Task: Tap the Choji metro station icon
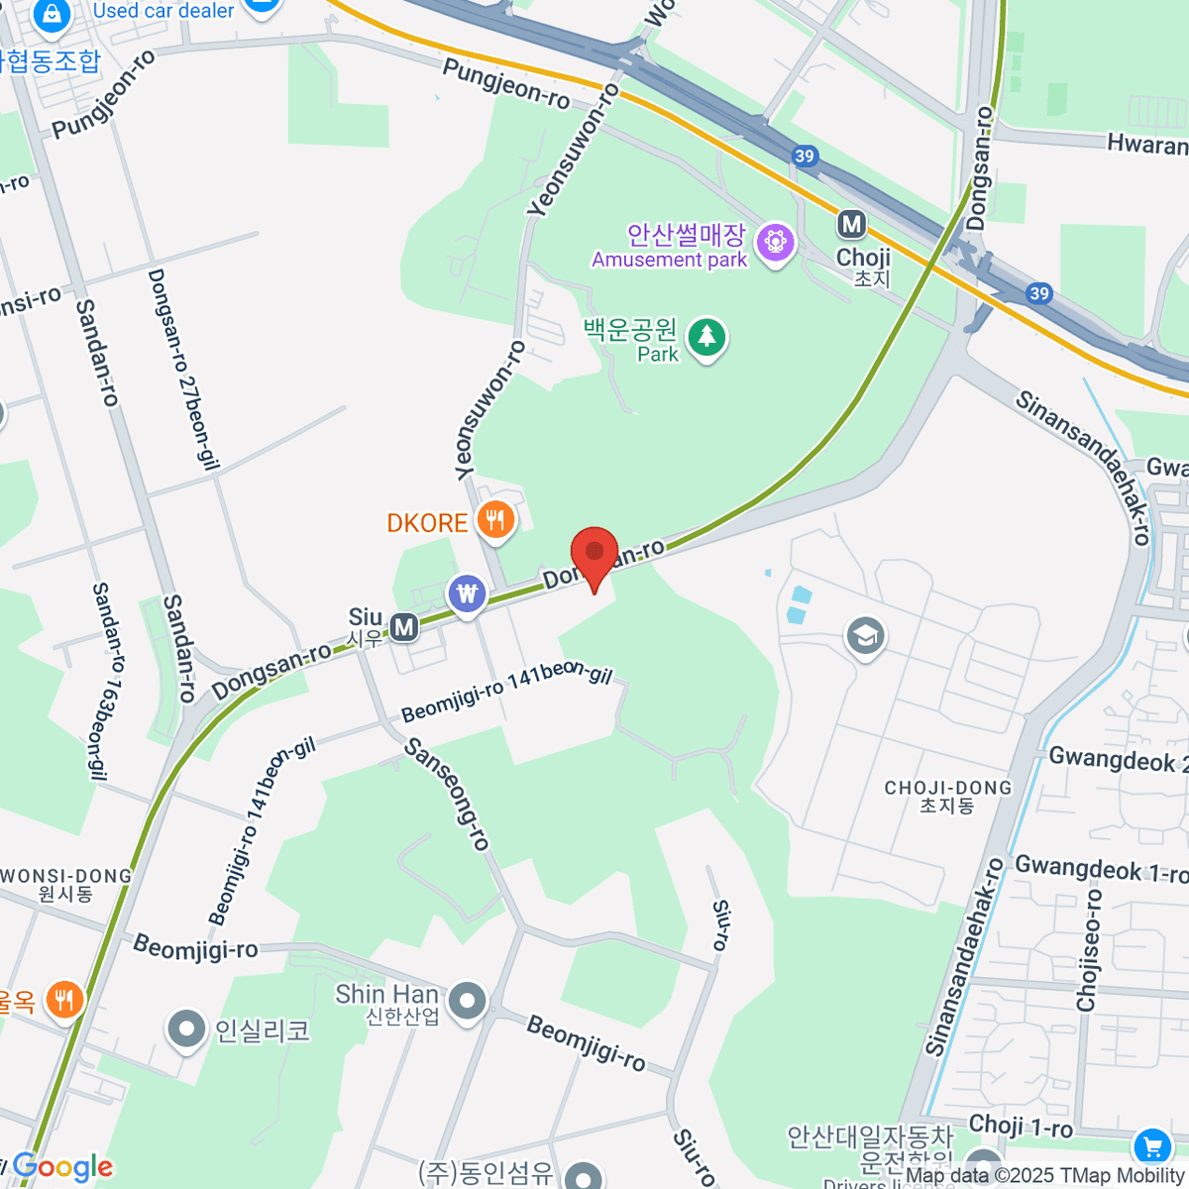(851, 225)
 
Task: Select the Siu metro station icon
(403, 627)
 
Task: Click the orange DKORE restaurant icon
(494, 519)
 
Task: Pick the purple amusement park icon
(775, 242)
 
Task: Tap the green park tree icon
(706, 338)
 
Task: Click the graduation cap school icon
(865, 636)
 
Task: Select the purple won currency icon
(467, 594)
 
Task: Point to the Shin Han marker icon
(467, 1002)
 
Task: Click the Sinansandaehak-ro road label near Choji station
(1082, 468)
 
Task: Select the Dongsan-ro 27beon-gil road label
(183, 369)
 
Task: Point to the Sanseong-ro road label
(448, 794)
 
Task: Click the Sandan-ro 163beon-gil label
(106, 680)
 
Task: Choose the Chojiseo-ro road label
(1089, 950)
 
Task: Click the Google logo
(62, 1167)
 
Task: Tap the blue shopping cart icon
(1150, 1147)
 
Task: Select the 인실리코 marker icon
(185, 1030)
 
